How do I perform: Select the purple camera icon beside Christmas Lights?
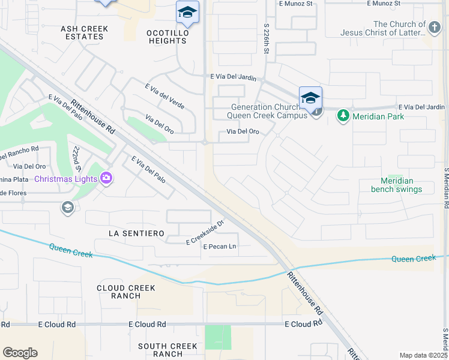(x=106, y=178)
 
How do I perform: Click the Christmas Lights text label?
(x=66, y=179)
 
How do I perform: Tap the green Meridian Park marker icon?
(x=343, y=115)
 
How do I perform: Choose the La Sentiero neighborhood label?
(x=136, y=233)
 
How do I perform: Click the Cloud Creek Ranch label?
(x=127, y=292)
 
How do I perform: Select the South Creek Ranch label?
(x=167, y=350)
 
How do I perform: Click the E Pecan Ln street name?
(x=220, y=247)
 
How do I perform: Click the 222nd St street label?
(x=76, y=157)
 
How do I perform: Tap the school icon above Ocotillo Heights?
(x=187, y=13)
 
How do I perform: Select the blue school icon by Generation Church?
(x=310, y=98)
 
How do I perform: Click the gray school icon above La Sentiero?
(x=67, y=208)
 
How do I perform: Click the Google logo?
(x=20, y=353)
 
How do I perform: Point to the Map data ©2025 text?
(x=423, y=355)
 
